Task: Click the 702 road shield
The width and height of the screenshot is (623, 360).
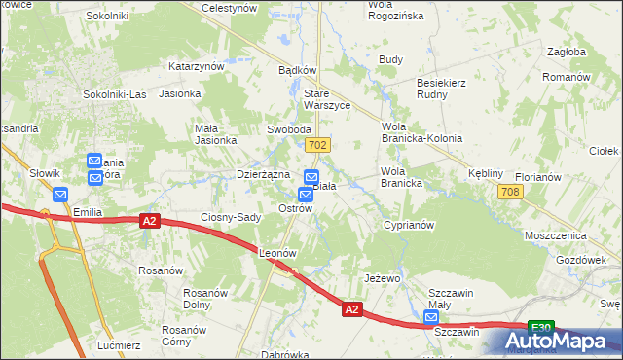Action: [x=315, y=145]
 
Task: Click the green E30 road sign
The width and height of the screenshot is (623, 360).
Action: [x=541, y=327]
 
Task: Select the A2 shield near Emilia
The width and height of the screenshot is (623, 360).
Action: [x=148, y=222]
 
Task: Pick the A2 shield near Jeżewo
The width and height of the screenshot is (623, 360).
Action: [x=352, y=309]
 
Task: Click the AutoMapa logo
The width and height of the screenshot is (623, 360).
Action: [x=557, y=341]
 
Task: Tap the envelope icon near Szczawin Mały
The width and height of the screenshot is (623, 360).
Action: [x=431, y=317]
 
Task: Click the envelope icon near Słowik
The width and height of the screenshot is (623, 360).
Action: [x=60, y=193]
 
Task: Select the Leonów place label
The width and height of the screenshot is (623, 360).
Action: [x=277, y=252]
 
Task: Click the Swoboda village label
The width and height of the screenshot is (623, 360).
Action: [x=289, y=129]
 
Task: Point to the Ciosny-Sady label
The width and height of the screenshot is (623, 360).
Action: [x=231, y=217]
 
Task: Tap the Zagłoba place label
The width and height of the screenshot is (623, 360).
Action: [x=566, y=53]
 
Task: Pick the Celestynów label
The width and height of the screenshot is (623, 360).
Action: [x=228, y=7]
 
